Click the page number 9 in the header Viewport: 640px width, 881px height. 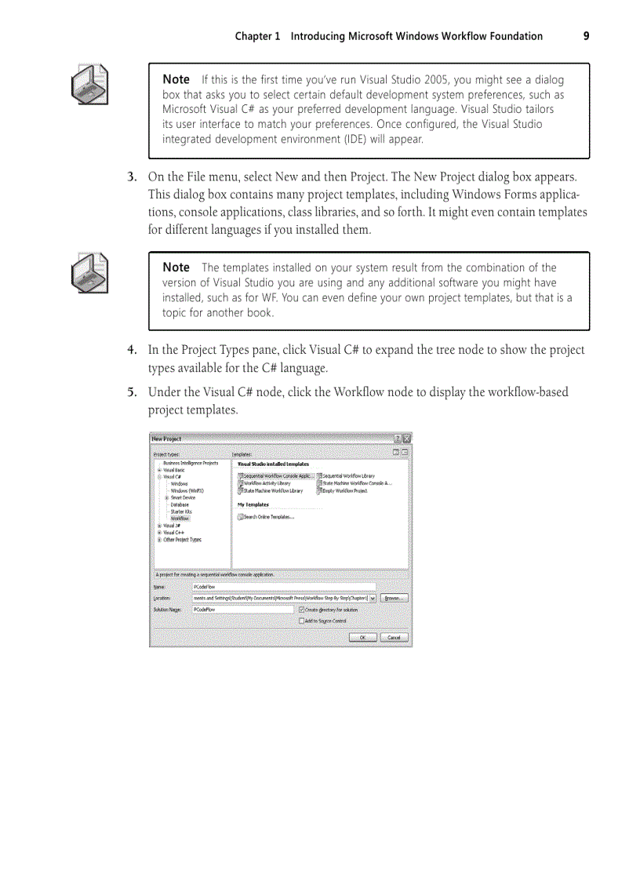pyautogui.click(x=586, y=36)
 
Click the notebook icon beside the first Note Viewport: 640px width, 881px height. pyautogui.click(x=89, y=85)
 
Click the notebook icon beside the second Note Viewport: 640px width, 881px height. pyautogui.click(x=89, y=273)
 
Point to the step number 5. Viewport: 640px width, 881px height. pyautogui.click(x=133, y=392)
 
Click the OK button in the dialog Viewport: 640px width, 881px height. pyautogui.click(x=362, y=638)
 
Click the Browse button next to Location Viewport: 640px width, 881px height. pyautogui.click(x=394, y=598)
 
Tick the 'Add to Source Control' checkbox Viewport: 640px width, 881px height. pyautogui.click(x=301, y=621)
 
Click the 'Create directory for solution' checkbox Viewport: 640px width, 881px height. pyautogui.click(x=301, y=610)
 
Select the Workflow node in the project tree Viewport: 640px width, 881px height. pyautogui.click(x=180, y=519)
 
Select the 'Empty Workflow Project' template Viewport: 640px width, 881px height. pyautogui.click(x=344, y=491)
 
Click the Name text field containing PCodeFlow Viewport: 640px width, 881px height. pyautogui.click(x=283, y=586)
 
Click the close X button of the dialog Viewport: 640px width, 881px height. pyautogui.click(x=406, y=439)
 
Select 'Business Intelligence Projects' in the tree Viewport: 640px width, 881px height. pyautogui.click(x=190, y=464)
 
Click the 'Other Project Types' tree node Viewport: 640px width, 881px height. pyautogui.click(x=182, y=540)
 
